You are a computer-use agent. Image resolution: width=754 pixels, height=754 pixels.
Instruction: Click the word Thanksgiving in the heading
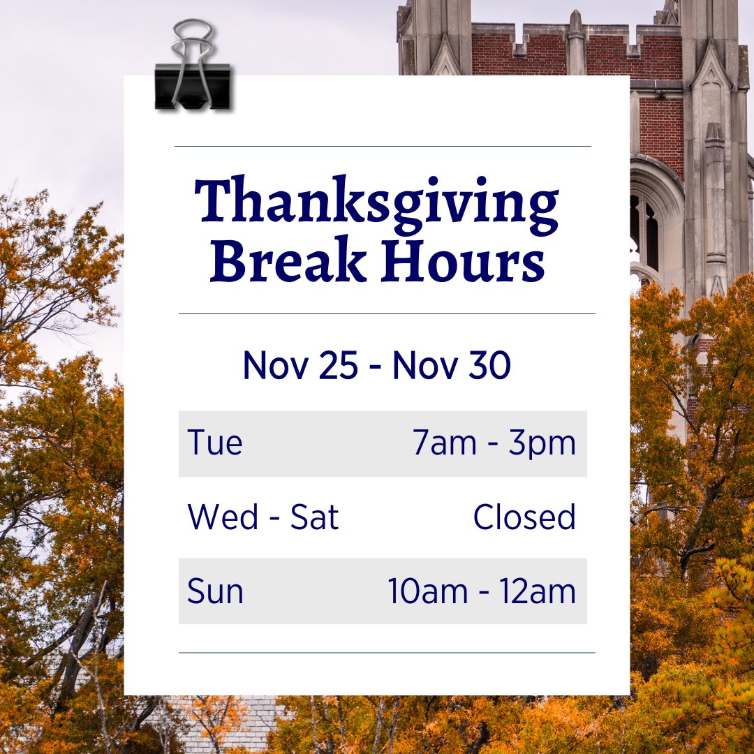pos(377,202)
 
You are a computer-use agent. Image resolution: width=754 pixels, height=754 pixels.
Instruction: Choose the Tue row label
pos(215,443)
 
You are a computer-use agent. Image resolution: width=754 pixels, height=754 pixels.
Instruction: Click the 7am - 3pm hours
pos(494,443)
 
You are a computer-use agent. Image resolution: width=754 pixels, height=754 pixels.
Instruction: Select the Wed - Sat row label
pos(263,517)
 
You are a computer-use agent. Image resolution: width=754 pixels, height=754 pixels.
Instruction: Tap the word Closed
pos(524,517)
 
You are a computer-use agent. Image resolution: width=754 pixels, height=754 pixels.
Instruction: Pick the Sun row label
pos(215,591)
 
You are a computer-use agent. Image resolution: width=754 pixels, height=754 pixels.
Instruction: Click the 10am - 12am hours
pos(482,591)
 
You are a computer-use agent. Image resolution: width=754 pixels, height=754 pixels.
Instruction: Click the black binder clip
pos(193,87)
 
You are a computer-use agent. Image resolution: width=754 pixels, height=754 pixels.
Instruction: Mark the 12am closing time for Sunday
pos(538,591)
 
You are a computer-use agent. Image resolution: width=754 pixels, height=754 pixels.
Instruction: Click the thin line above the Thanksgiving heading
pos(383,147)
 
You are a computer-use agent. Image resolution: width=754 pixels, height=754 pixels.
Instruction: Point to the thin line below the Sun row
pos(387,653)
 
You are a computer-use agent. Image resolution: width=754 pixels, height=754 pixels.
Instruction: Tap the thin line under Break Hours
pos(387,314)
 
